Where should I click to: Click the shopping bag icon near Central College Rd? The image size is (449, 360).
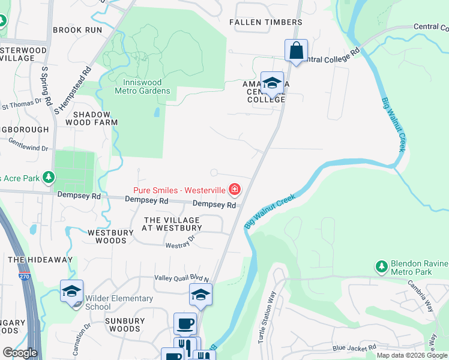pos(296,50)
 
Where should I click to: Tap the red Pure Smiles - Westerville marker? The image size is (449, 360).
pos(234,191)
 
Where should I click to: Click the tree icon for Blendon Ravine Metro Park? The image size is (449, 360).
pos(381,266)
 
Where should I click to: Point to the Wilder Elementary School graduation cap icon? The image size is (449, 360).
pos(72,292)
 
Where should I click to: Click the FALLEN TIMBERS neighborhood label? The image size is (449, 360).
pos(266,22)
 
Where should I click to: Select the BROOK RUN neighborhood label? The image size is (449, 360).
pos(77,29)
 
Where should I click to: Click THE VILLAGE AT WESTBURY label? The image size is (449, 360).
pos(172,224)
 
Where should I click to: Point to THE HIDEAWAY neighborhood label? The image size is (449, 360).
pos(40,260)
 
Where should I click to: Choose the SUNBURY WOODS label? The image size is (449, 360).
pos(125,325)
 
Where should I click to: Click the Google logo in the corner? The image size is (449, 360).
pos(20,352)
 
